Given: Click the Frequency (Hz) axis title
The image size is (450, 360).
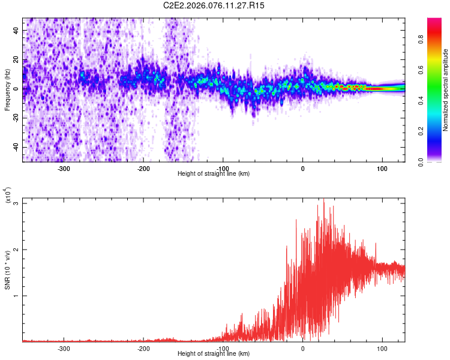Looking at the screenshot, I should click(8, 89).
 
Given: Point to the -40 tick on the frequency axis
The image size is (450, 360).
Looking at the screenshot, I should click(16, 147).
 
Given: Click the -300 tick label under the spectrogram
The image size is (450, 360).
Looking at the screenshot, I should click(64, 168).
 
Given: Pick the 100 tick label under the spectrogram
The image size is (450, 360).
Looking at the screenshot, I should click(382, 168).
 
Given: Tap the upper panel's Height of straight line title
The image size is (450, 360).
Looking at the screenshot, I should click(214, 174).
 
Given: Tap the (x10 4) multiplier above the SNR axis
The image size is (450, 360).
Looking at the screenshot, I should click(8, 196).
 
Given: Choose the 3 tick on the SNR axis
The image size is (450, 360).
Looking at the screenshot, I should click(17, 203).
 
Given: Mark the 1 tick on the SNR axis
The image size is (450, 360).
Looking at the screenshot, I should click(17, 296).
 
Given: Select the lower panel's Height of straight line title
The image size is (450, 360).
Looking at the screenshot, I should click(214, 354).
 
